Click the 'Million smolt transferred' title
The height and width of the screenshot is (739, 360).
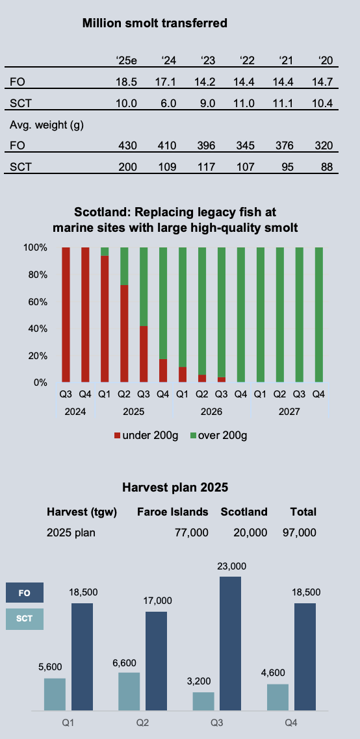(155, 23)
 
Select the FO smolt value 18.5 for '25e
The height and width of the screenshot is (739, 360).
(127, 82)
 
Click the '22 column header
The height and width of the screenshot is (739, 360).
(247, 60)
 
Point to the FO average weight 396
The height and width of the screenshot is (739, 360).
(206, 145)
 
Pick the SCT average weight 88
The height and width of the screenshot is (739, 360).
(326, 167)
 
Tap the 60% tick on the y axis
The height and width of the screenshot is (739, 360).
(35, 301)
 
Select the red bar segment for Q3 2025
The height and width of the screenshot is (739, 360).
(144, 354)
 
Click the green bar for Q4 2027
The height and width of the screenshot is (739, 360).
(319, 315)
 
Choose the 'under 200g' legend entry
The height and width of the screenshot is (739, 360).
(146, 436)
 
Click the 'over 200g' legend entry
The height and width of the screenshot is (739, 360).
(218, 436)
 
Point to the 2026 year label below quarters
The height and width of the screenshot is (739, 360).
(211, 412)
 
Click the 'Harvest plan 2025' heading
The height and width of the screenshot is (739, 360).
(175, 487)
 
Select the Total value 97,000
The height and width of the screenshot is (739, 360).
(299, 533)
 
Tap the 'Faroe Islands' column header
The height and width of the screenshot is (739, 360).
(173, 512)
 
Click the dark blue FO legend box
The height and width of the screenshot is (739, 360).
(25, 593)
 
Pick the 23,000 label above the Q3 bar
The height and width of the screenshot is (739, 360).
(231, 566)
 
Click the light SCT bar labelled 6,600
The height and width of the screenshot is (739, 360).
(129, 692)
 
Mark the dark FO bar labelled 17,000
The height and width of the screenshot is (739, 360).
(156, 661)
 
